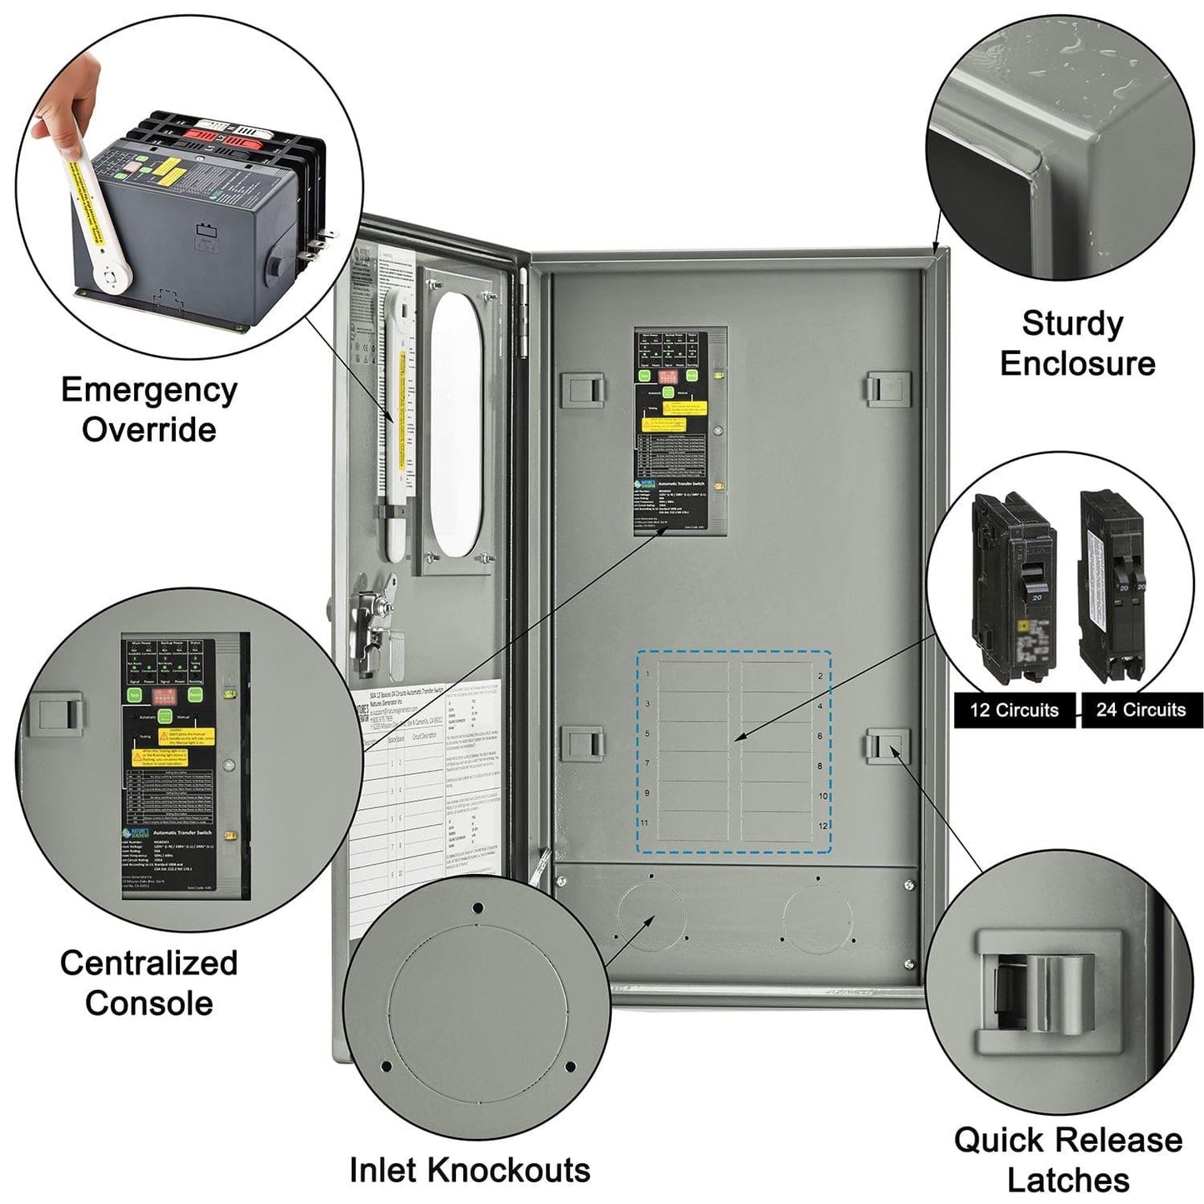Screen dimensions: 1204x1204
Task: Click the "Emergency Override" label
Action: pos(148,409)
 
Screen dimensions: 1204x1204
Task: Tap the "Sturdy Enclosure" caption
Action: pos(1077,343)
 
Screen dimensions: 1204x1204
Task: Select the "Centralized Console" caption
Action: pos(148,982)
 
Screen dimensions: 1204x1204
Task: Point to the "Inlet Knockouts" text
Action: pos(469,1170)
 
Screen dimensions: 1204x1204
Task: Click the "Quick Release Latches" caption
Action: pos(1067,1159)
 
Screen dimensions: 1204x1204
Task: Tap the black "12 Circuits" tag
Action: pos(1013,710)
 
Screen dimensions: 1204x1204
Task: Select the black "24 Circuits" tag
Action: pos(1141,710)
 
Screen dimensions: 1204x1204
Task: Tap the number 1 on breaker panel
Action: pos(648,673)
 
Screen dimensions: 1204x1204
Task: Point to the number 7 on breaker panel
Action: pos(647,763)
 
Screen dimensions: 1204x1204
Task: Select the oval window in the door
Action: pos(456,423)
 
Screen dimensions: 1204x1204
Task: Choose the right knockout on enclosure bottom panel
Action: pos(817,917)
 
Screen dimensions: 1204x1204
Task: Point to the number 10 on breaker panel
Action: pos(822,796)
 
